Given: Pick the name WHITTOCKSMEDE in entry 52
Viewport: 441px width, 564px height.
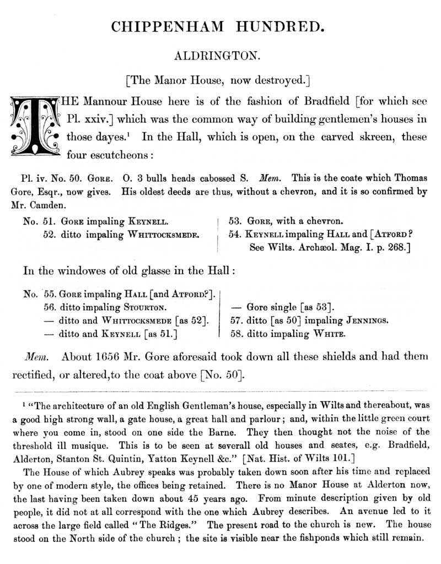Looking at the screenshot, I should click(163, 234).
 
